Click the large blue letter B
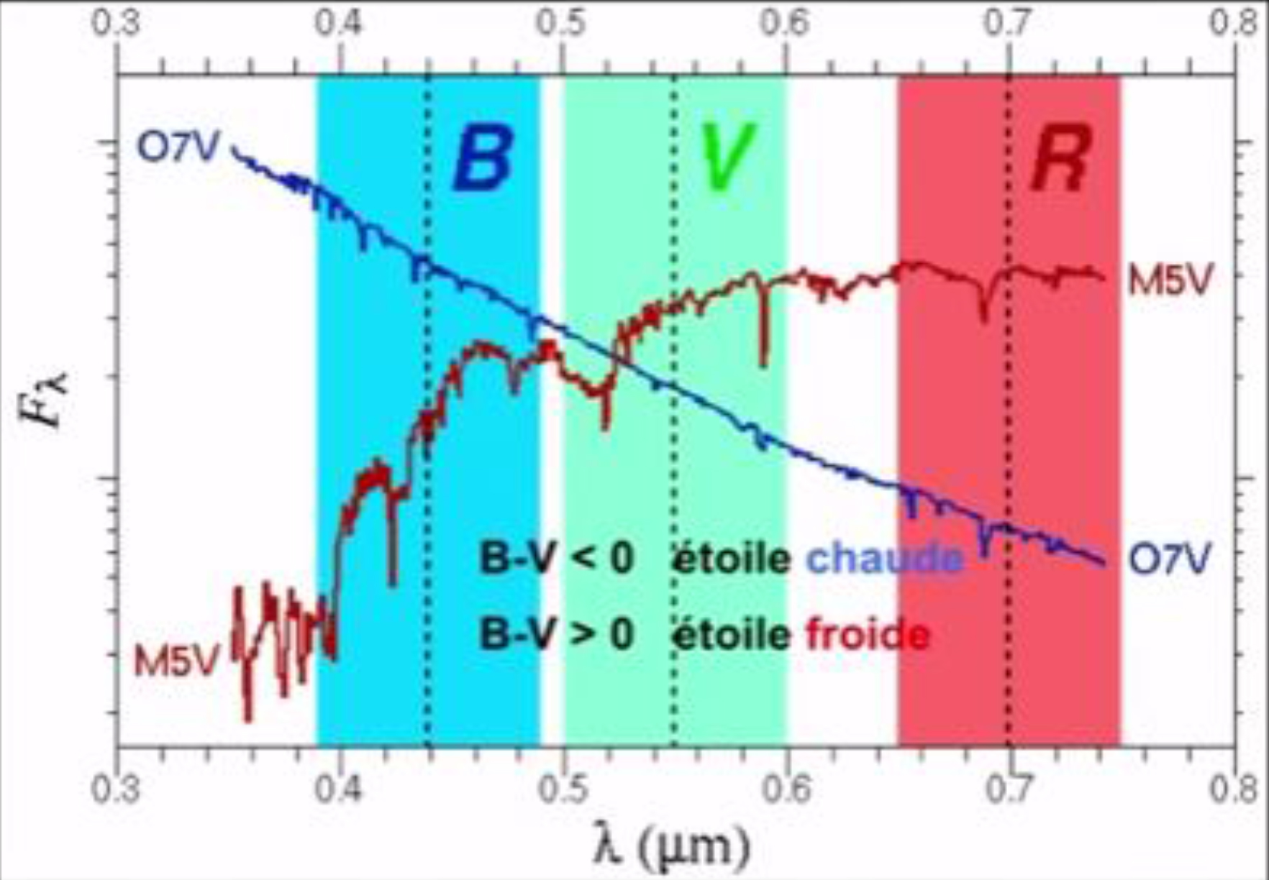click(x=483, y=159)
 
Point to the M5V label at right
click(x=1170, y=280)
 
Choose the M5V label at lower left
click(x=176, y=661)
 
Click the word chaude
click(x=885, y=559)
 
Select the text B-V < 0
click(x=557, y=559)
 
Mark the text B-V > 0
click(x=557, y=635)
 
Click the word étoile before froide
click(x=731, y=635)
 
